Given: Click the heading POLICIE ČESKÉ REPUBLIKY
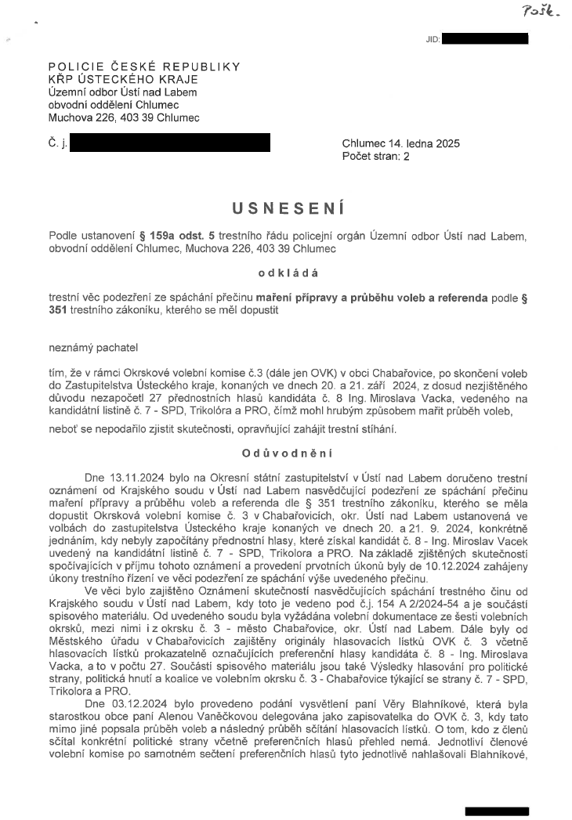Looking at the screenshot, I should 144,67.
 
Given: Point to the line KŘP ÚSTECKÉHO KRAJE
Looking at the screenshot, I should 123,80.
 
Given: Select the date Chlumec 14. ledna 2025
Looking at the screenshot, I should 401,144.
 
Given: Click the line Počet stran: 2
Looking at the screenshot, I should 376,156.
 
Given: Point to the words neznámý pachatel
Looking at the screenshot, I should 86,346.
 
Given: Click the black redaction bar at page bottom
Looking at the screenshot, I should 496,811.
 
